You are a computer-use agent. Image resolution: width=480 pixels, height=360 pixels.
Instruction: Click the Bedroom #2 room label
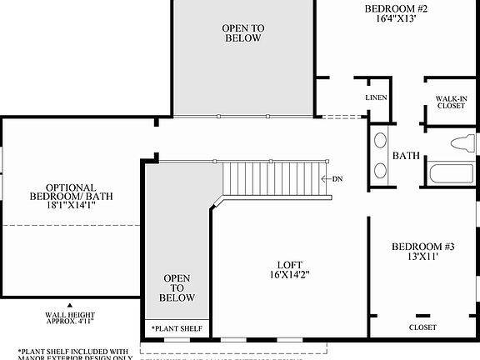pos(396,9)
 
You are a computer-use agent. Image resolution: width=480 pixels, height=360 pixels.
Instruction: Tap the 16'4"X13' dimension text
pos(396,22)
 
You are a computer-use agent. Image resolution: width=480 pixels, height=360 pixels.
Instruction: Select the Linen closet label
pos(377,98)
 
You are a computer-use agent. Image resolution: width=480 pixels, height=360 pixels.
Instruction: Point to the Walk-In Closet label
pos(451,102)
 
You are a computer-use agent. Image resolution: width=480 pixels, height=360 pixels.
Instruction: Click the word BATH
pos(406,156)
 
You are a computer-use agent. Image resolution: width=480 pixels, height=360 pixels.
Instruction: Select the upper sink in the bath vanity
pos(380,142)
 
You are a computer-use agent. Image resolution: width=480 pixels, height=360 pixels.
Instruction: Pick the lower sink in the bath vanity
pos(380,171)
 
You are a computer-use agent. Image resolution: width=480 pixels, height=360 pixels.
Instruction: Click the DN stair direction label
pos(337,179)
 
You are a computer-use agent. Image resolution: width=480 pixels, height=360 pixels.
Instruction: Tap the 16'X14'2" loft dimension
pos(290,274)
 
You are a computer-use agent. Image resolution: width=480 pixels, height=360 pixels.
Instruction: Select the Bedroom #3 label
pos(424,247)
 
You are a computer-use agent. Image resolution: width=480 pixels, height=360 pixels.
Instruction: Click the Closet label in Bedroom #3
pos(422,327)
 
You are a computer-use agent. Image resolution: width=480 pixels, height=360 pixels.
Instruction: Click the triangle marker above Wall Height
pos(70,306)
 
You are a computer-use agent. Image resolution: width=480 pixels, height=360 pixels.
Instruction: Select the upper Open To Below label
pos(242,32)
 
